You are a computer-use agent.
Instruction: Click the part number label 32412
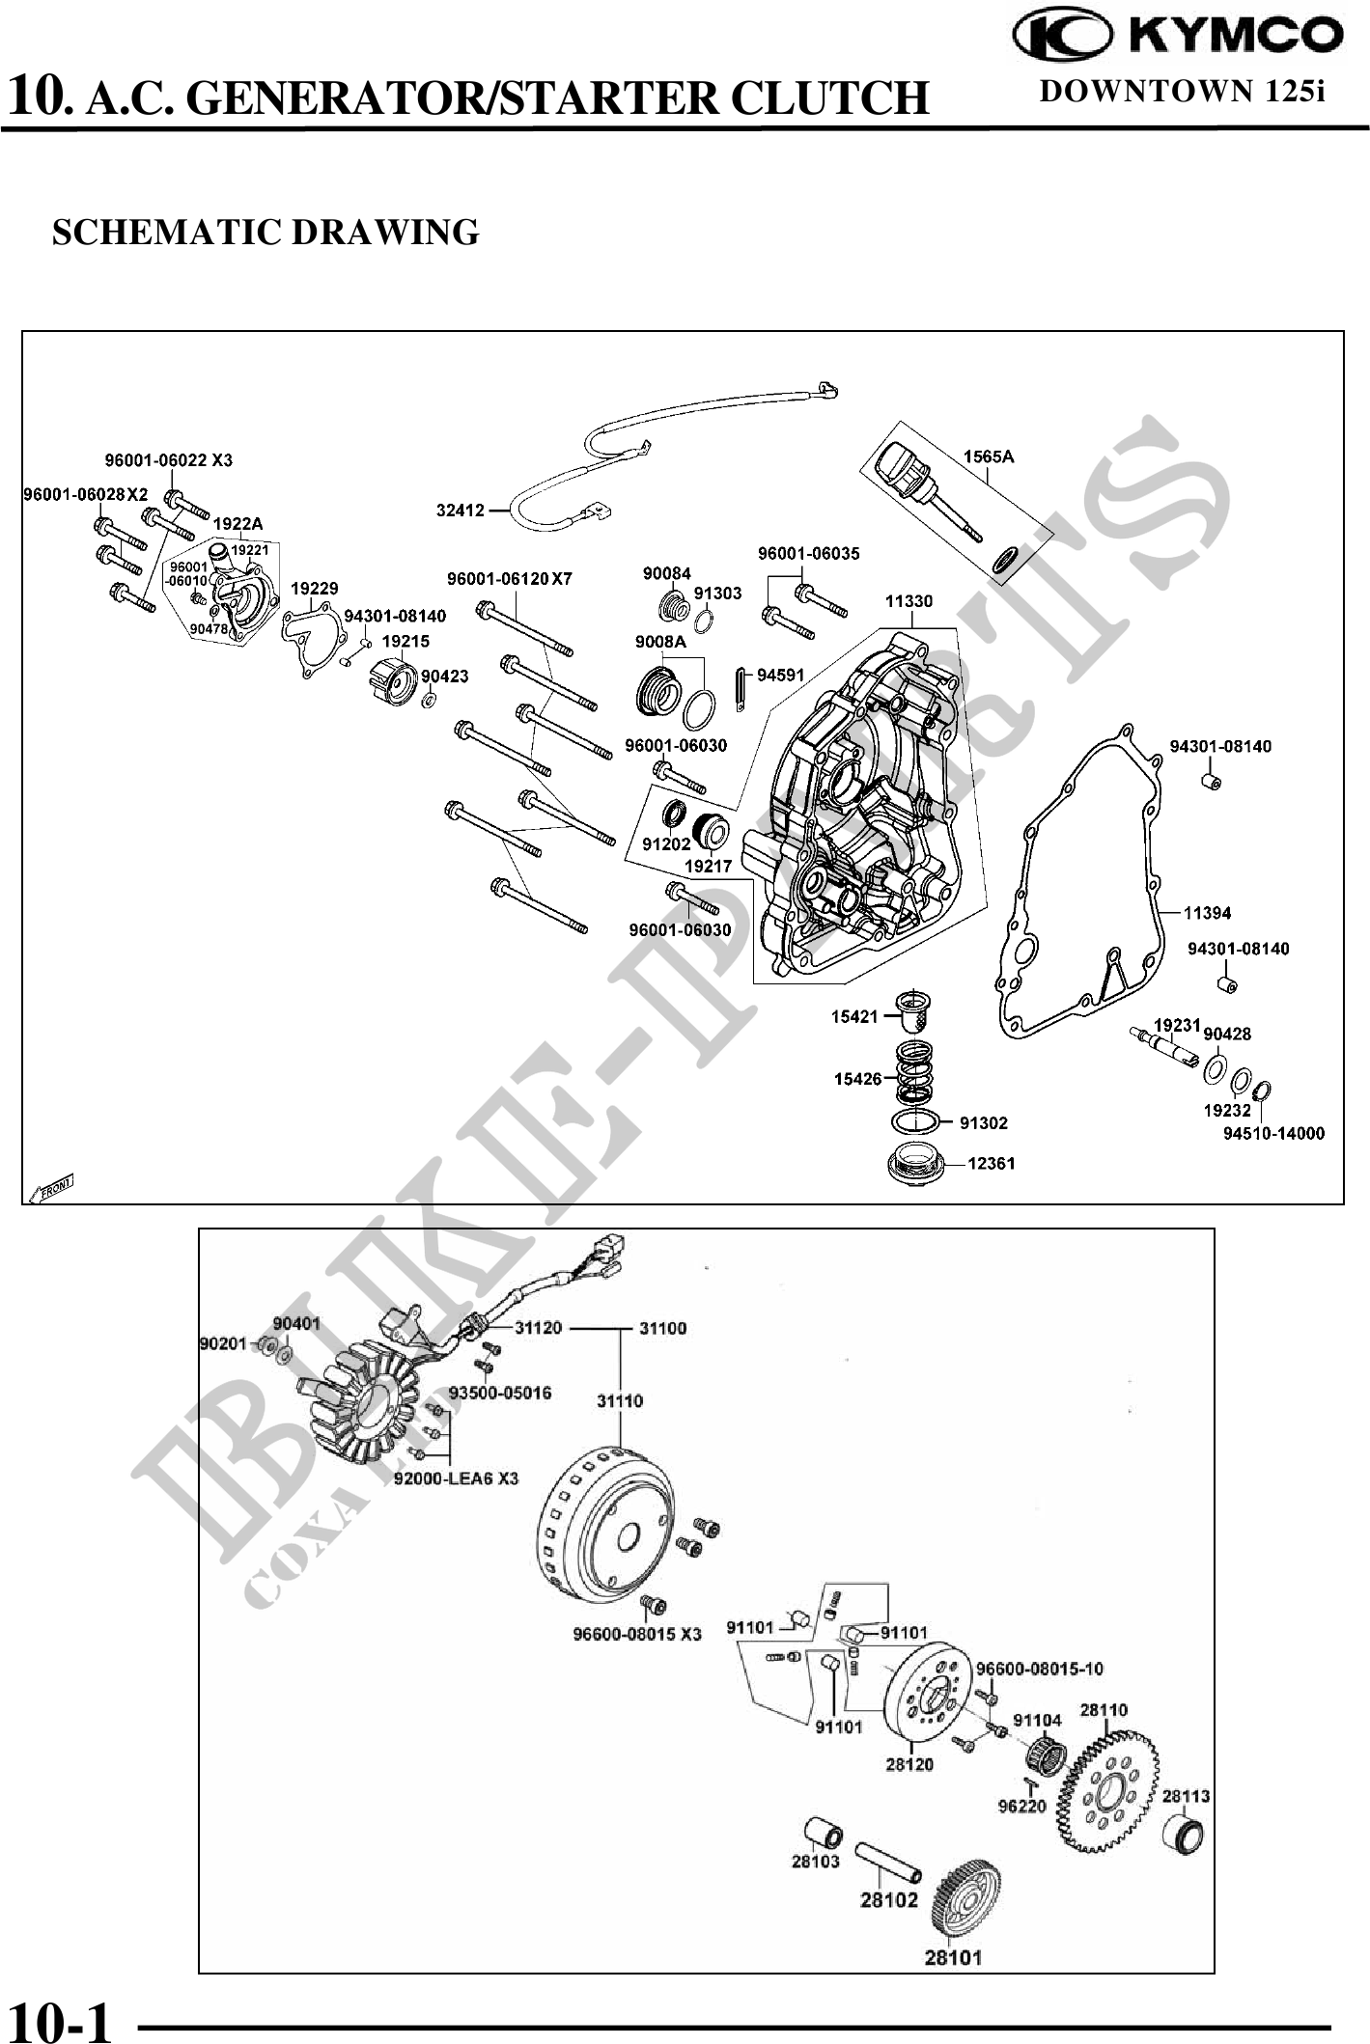pos(461,510)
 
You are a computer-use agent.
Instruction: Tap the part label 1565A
pos(988,456)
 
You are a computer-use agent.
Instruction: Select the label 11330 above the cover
pos(909,601)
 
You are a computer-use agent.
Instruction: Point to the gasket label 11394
pos(1208,912)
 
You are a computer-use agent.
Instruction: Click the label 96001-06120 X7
pos(509,579)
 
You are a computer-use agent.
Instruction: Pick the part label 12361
pos(991,1163)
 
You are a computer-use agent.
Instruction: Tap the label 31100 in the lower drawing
pos(662,1328)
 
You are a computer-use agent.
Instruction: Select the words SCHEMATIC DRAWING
pos(266,233)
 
